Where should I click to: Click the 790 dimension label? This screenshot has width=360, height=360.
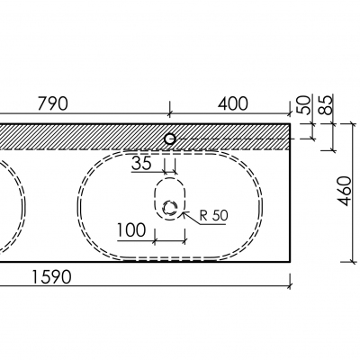tap(53, 103)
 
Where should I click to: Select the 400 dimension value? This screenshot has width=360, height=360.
tap(233, 103)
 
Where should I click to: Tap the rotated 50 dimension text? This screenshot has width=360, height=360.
tap(303, 104)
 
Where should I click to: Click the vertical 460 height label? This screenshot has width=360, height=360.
tap(345, 191)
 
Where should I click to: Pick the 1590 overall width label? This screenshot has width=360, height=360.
tap(51, 277)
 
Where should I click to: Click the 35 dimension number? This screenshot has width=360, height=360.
tap(141, 164)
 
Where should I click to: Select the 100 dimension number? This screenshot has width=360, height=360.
tap(131, 230)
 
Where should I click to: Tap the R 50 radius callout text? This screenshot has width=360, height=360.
tap(214, 215)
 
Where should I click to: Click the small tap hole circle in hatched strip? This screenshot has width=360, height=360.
tap(170, 139)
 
